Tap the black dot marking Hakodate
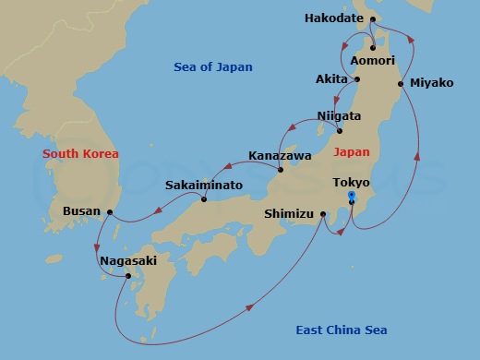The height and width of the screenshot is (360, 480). (x=372, y=18)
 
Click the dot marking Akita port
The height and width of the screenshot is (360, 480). (x=358, y=79)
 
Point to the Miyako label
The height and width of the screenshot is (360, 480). (x=431, y=83)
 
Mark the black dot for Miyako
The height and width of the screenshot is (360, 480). (x=401, y=84)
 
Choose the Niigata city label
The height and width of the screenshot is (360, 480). (x=339, y=116)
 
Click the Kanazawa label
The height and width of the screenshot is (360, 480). (x=280, y=155)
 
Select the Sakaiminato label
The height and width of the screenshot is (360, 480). (x=204, y=186)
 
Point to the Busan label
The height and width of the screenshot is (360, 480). (x=81, y=211)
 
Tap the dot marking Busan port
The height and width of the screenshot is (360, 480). (x=110, y=212)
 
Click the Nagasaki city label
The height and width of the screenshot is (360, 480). (x=128, y=261)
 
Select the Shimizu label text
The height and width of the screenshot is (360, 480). (x=289, y=213)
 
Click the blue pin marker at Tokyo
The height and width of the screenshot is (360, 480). (x=351, y=197)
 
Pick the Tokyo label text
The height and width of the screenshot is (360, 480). (x=351, y=183)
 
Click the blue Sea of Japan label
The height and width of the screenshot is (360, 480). (x=212, y=67)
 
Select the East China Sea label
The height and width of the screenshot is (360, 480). (x=341, y=330)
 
